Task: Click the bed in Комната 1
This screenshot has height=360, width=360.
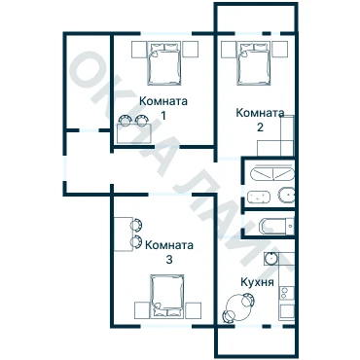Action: [x=163, y=63]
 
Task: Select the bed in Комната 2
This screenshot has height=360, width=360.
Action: [x=253, y=63]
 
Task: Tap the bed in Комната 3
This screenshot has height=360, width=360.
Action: [x=167, y=296]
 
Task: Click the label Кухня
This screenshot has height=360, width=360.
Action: [x=257, y=282]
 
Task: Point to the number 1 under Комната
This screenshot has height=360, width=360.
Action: [x=163, y=115]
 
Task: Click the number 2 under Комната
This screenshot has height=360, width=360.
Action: [x=260, y=127]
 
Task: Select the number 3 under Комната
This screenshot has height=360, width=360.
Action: [x=169, y=260]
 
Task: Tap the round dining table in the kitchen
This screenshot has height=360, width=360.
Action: [x=238, y=307]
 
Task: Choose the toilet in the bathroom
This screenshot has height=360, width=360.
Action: [x=286, y=196]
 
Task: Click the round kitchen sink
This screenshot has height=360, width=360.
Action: [x=270, y=259]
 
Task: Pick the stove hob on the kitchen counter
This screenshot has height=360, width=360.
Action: [x=287, y=293]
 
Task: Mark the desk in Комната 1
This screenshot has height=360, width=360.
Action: [x=134, y=133]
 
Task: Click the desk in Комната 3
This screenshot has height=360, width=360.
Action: [x=124, y=234]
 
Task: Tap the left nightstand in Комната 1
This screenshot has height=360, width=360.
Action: [x=139, y=50]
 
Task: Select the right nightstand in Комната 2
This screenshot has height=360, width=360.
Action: [x=279, y=50]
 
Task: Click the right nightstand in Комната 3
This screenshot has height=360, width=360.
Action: [x=193, y=310]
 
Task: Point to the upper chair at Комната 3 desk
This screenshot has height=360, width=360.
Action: [x=136, y=225]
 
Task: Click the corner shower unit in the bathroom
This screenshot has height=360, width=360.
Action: [x=272, y=173]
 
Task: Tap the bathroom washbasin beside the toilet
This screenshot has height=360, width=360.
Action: [x=259, y=198]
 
